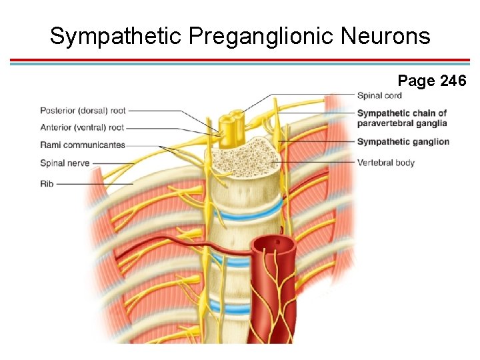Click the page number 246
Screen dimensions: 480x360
pyautogui.click(x=453, y=81)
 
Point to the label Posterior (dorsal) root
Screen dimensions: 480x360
pyautogui.click(x=82, y=110)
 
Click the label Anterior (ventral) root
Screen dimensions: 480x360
pyautogui.click(x=82, y=127)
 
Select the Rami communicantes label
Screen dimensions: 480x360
pyautogui.click(x=82, y=145)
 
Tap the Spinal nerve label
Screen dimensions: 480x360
pyautogui.click(x=65, y=163)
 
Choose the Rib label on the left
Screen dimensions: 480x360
pyautogui.click(x=46, y=183)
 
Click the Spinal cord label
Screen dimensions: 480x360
pyautogui.click(x=379, y=95)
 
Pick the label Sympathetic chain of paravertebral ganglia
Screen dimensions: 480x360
pyautogui.click(x=401, y=118)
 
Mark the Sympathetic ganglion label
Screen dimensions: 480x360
pyautogui.click(x=403, y=141)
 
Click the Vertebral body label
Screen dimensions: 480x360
pyautogui.click(x=385, y=163)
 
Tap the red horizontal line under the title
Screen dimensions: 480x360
pyautogui.click(x=240, y=60)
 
